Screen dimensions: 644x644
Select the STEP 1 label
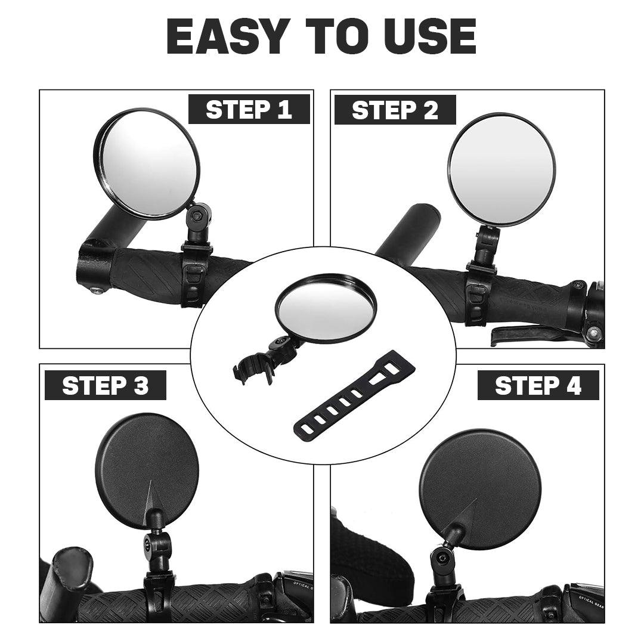(249, 109)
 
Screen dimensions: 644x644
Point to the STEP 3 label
(105, 385)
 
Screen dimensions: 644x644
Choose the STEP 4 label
(538, 385)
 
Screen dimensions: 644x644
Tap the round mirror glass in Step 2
(501, 169)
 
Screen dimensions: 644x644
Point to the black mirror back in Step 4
(480, 489)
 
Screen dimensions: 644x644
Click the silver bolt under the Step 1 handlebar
(97, 290)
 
